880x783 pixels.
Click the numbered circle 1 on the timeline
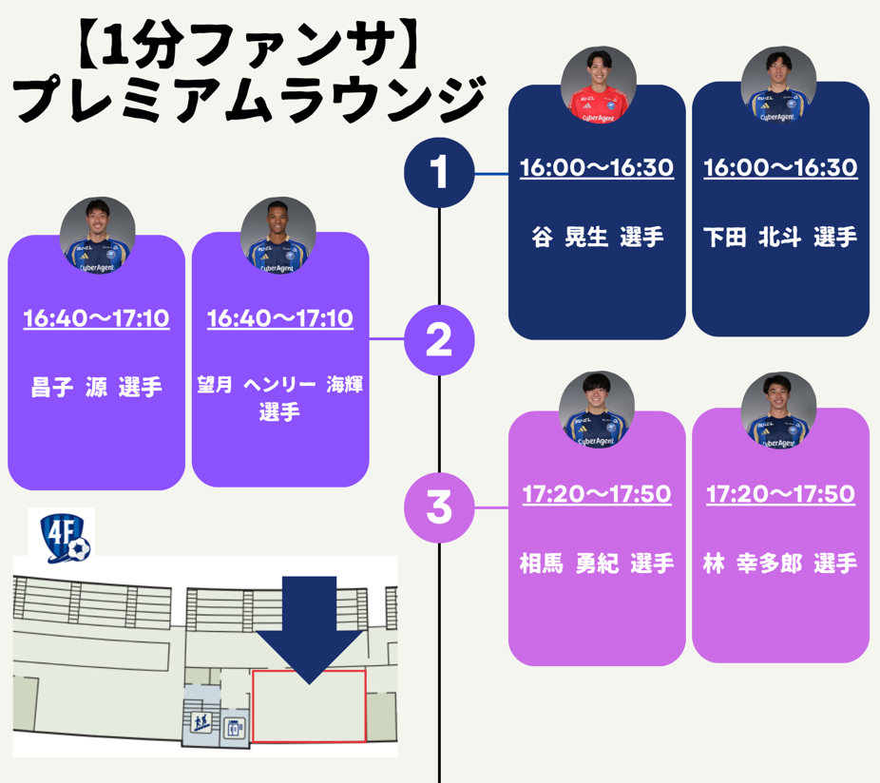click(x=438, y=174)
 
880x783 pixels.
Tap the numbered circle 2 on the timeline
click(x=438, y=340)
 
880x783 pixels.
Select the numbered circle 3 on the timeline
click(x=438, y=506)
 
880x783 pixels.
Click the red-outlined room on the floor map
click(x=309, y=706)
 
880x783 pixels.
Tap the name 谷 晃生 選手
click(x=597, y=238)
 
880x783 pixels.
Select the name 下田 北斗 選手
click(x=780, y=238)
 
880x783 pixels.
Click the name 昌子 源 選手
click(x=96, y=388)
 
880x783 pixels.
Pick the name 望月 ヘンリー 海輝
click(x=279, y=386)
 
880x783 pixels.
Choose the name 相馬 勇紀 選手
click(x=597, y=563)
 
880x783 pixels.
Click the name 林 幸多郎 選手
click(x=780, y=563)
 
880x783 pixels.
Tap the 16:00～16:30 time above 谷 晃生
click(x=597, y=168)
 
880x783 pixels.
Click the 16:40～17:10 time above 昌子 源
click(x=96, y=318)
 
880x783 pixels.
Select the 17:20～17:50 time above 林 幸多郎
click(x=780, y=494)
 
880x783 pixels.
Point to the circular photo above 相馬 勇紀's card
click(x=596, y=410)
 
